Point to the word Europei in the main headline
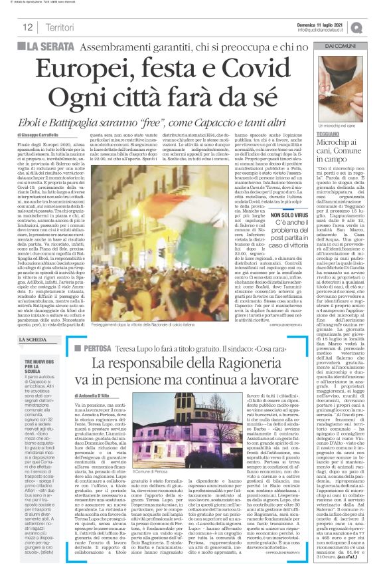pos(89,69)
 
